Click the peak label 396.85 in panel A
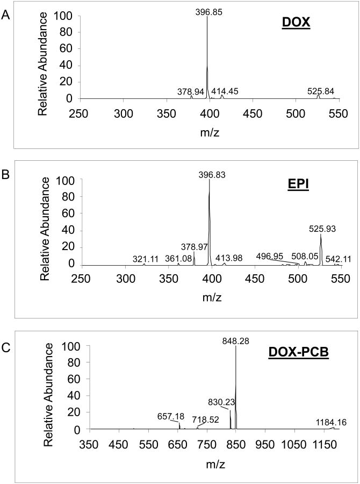207,10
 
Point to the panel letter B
5,175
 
